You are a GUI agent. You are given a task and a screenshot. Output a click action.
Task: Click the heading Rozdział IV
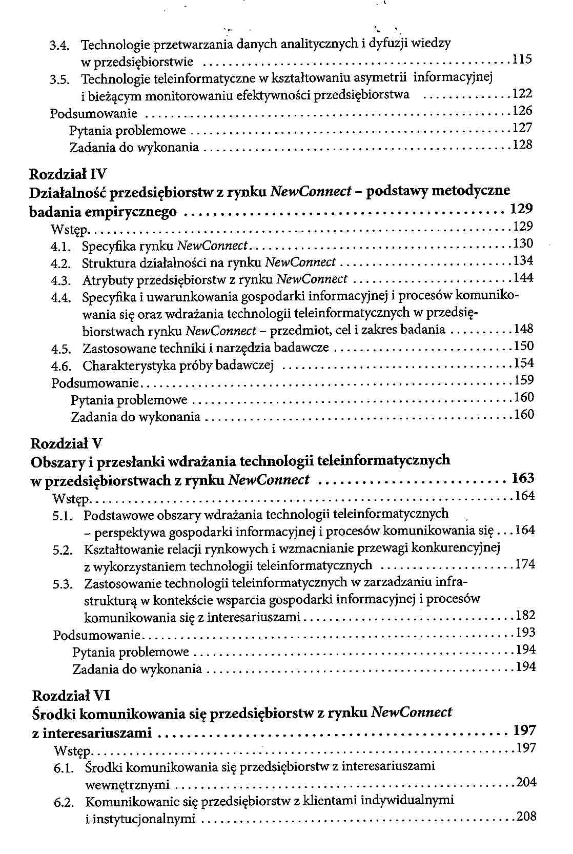[67, 174]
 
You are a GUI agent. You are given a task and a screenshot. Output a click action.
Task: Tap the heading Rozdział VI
[71, 696]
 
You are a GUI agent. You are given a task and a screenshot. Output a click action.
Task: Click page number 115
[522, 59]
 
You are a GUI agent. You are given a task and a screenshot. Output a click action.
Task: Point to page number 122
[522, 93]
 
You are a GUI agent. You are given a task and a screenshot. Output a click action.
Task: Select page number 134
[523, 261]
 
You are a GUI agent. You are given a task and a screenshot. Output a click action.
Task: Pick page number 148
[523, 329]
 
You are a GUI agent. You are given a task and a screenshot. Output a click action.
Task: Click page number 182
[525, 615]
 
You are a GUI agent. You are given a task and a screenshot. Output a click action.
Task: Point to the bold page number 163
[523, 479]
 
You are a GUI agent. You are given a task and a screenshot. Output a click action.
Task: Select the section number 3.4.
[59, 45]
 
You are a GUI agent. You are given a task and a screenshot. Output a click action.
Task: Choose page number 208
[526, 817]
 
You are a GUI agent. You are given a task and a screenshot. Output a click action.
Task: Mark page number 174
[525, 564]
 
